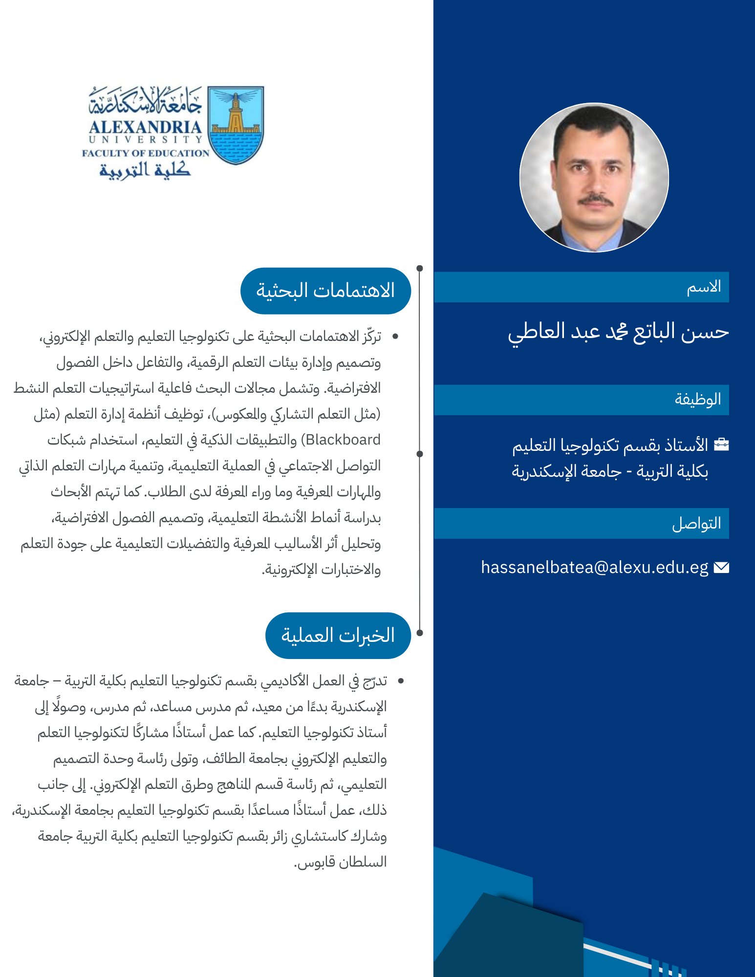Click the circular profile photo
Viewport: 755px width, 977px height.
coord(594,177)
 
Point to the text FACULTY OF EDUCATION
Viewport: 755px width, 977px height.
coord(146,153)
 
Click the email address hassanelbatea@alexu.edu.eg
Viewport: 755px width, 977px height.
coord(594,567)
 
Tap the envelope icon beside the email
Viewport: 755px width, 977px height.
coord(721,567)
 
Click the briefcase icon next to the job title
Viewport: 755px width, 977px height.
coord(721,445)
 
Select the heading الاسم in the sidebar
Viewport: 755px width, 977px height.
coord(704,287)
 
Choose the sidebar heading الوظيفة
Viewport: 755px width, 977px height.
coord(698,400)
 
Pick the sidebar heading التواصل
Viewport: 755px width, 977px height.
coord(696,523)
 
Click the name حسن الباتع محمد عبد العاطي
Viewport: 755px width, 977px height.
coord(618,332)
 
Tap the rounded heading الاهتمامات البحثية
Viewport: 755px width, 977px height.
coord(325,291)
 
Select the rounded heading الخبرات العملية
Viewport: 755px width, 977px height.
coord(338,635)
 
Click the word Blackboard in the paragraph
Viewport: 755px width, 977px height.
coord(343,440)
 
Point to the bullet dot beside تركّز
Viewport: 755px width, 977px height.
coord(395,337)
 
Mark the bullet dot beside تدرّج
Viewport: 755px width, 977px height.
coord(401,681)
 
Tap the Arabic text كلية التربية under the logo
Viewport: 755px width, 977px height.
coord(145,170)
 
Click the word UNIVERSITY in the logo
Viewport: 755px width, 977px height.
coord(146,140)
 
